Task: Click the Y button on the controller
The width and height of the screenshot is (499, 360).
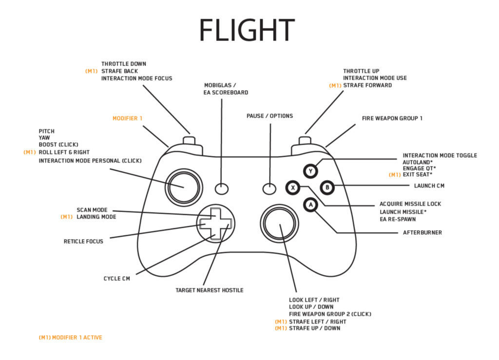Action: tap(310, 171)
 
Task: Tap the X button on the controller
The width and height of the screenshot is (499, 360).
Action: tap(293, 187)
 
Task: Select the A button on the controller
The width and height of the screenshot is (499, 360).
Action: tap(310, 205)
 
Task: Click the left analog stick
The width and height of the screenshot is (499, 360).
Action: tap(184, 187)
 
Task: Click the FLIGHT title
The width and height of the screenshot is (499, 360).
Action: tap(247, 30)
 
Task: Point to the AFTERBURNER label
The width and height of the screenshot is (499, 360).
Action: tap(422, 233)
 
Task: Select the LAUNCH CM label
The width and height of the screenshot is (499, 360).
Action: tap(429, 186)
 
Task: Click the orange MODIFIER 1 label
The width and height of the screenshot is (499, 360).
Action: tap(128, 118)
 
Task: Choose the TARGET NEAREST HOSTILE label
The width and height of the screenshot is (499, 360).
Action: tap(209, 290)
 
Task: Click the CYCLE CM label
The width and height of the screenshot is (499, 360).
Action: tap(116, 279)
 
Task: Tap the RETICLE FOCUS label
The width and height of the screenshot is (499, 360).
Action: tap(83, 241)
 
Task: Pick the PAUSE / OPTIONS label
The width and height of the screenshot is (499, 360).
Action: tap(269, 116)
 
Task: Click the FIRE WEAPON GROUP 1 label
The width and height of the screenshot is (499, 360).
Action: tap(392, 118)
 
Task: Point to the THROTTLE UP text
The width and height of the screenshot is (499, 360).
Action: tap(361, 71)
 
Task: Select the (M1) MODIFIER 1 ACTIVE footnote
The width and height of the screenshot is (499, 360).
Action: tap(70, 337)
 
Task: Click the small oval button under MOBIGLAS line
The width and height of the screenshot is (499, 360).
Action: tap(222, 188)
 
